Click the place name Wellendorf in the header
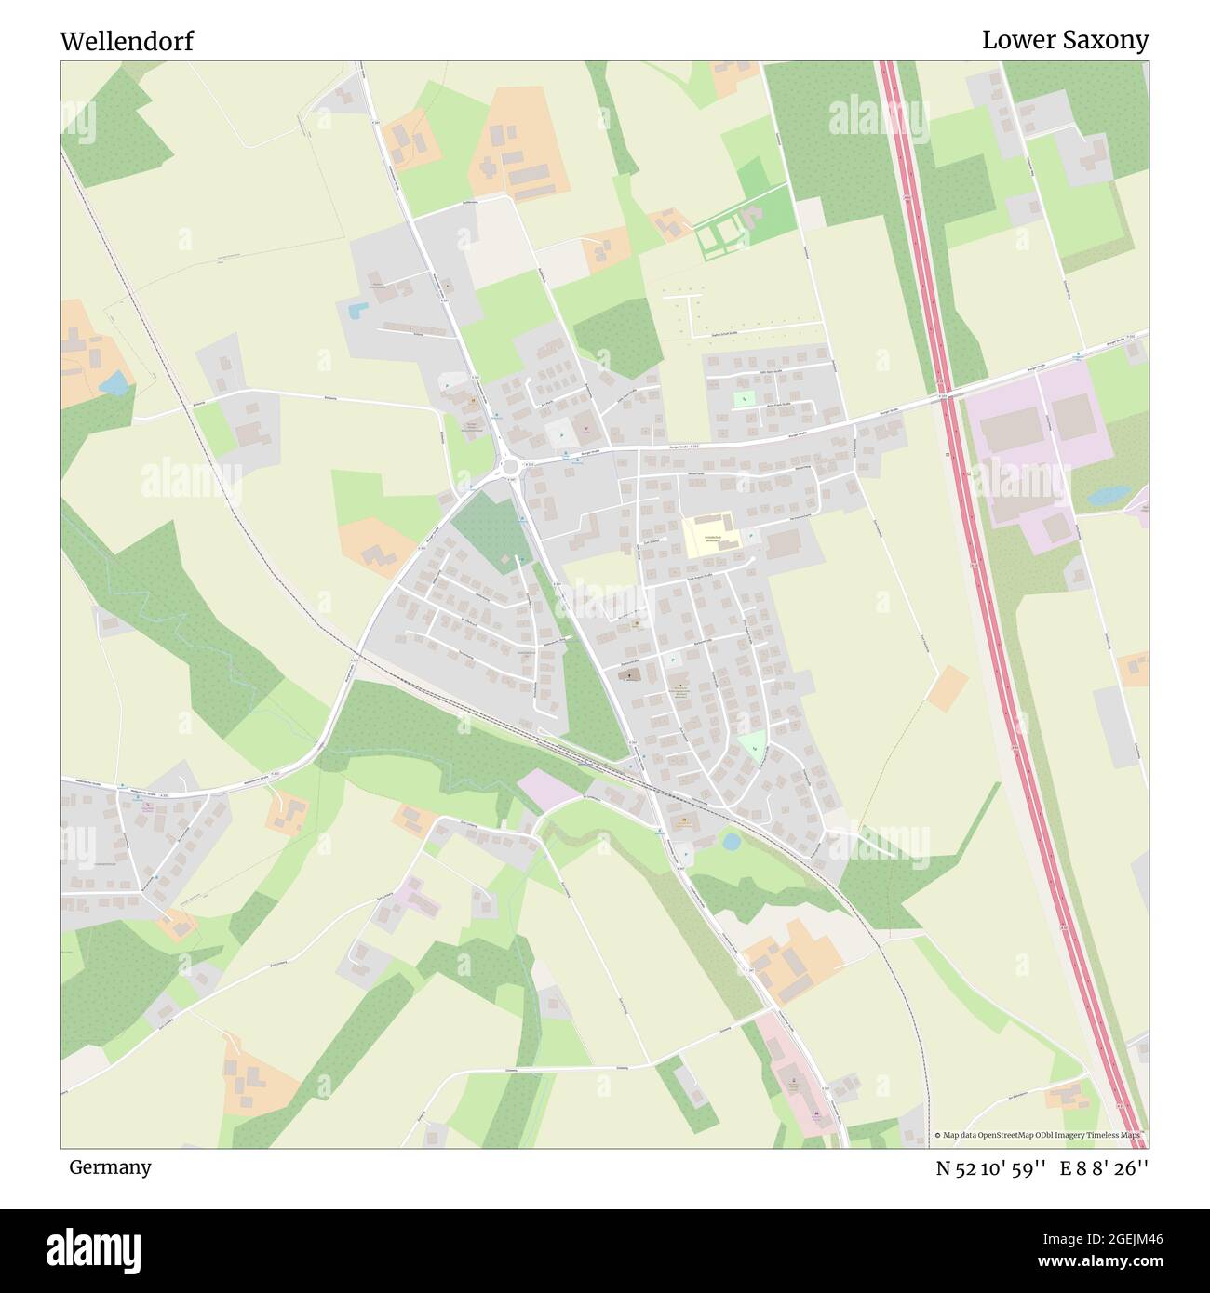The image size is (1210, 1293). point(127,41)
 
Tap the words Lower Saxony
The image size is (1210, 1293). point(1065,40)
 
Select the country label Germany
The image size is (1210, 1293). point(110,1166)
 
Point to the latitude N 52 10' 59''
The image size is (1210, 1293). point(993,1167)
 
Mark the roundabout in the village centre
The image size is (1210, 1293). point(508,465)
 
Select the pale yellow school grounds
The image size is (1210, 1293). point(707,537)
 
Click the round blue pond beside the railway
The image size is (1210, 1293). point(731,841)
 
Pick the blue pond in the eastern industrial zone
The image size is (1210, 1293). point(1108,496)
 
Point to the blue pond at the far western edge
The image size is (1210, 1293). point(114,382)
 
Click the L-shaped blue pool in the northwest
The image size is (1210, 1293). point(356,311)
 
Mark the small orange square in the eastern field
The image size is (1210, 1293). point(948,688)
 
